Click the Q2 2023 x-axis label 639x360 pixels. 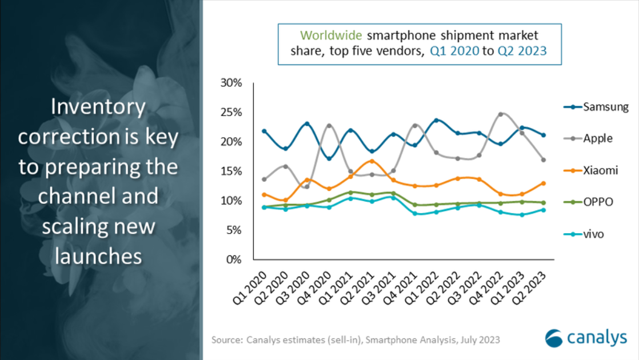(x=534, y=289)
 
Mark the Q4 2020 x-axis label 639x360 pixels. (x=318, y=289)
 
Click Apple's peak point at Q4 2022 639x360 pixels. (x=500, y=114)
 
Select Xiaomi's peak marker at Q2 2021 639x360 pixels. (x=372, y=161)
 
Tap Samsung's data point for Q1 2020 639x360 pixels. (x=264, y=131)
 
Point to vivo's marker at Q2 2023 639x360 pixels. (x=543, y=210)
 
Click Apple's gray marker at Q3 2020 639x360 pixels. (x=307, y=186)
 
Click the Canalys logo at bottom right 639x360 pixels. (x=585, y=338)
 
